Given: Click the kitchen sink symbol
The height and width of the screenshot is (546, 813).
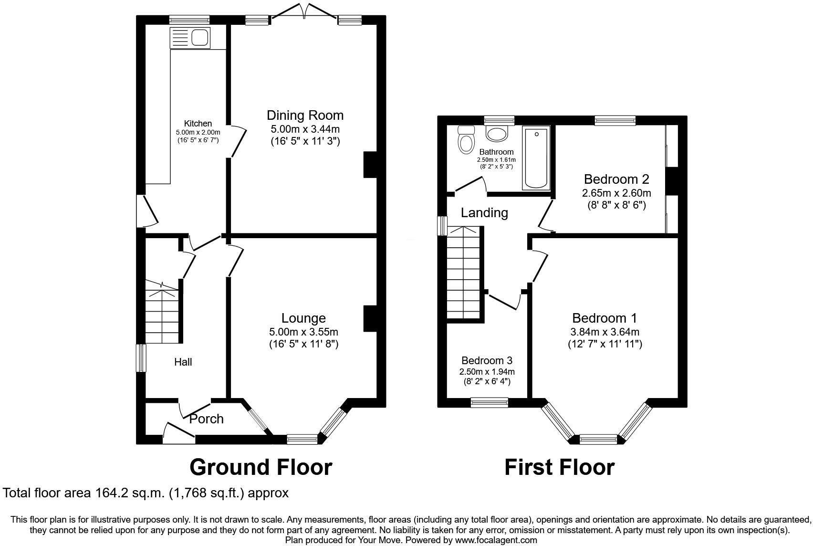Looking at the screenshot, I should point(190,37).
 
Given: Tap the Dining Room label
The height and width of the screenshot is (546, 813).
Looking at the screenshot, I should point(305,115).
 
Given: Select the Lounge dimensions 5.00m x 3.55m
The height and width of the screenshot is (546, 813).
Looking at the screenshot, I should point(303,332).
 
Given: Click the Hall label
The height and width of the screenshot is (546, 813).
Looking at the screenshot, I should point(183,362).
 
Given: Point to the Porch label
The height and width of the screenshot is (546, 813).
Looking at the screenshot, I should point(207,419).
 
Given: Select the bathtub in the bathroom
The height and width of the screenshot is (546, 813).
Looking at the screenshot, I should point(536,157).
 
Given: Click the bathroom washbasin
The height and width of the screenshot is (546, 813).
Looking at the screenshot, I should point(497,133).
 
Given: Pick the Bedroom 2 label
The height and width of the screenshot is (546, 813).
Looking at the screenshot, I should point(616,179).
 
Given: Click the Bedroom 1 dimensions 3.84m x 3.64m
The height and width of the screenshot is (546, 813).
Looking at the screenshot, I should point(605,332).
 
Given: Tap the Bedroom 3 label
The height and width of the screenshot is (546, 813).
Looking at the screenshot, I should point(487,361).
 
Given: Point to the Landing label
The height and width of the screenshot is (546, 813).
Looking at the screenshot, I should point(484,213).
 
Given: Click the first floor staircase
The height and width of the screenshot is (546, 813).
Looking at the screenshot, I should point(463,272).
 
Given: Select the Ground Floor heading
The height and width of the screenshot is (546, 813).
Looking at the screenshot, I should point(261,467).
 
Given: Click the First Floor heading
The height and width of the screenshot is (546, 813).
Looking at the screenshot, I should point(559,467).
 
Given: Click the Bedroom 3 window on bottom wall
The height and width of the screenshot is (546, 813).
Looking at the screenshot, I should point(489,403).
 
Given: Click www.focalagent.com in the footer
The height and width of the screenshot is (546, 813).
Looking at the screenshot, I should point(496,540).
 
